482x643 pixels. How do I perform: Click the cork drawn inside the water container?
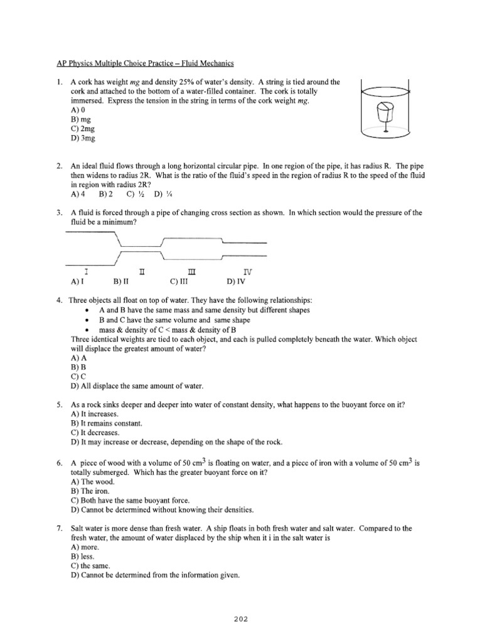click(383, 114)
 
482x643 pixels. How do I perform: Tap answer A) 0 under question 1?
click(78, 109)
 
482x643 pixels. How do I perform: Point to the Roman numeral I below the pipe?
click(85, 272)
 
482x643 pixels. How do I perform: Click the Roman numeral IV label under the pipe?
click(249, 272)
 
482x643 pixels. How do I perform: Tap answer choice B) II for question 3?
click(119, 282)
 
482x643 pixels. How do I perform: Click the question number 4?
click(58, 301)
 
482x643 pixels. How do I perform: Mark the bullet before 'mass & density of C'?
click(86, 330)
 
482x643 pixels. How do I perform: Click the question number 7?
click(58, 529)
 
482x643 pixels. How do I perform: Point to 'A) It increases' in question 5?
click(94, 414)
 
